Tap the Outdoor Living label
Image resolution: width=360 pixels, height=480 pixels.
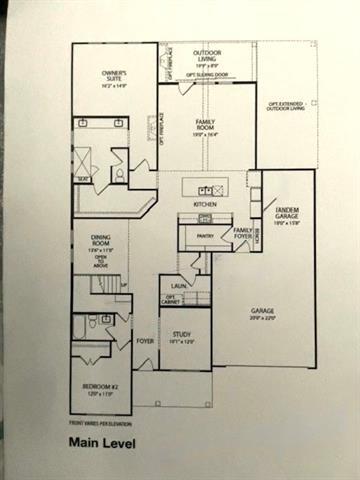pos(207,56)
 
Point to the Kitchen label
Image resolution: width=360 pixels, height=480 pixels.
pos(205,204)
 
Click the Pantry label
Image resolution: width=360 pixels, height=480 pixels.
pos(207,236)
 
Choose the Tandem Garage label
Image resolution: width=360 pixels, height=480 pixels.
pos(287,213)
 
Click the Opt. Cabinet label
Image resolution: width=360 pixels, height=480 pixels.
pos(172,299)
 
